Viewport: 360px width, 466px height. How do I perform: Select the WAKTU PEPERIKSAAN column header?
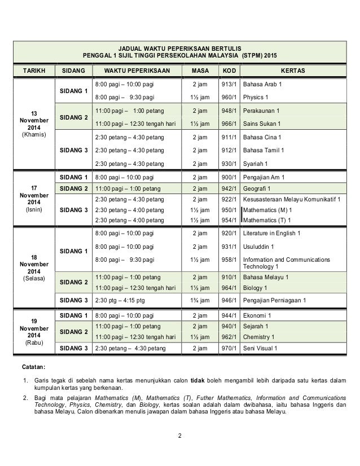134,71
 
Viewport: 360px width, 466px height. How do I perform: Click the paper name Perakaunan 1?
265,111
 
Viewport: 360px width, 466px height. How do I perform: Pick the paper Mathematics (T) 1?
272,219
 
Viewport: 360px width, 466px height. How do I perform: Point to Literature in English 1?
272,233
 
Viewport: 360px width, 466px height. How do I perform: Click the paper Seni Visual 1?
260,348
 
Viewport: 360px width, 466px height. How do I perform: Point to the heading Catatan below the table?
34,367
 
